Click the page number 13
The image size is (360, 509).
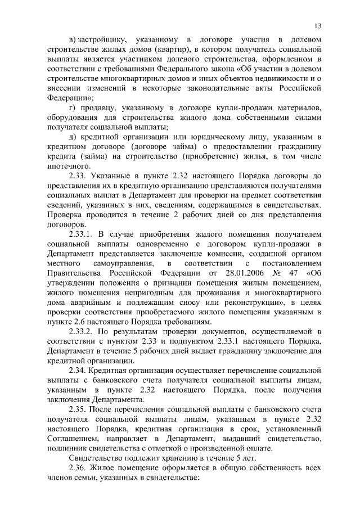pyautogui.click(x=318, y=26)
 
